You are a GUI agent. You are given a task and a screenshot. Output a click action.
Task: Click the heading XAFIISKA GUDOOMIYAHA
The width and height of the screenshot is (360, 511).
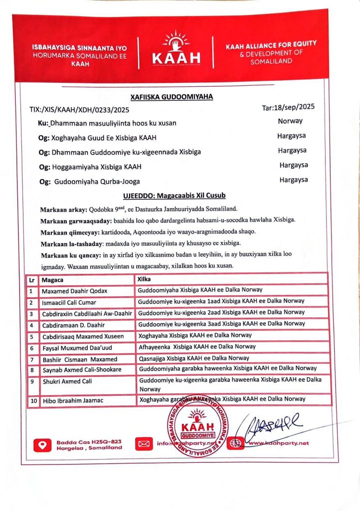click(x=171, y=96)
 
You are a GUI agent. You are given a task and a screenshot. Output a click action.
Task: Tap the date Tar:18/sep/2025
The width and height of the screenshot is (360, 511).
click(x=289, y=107)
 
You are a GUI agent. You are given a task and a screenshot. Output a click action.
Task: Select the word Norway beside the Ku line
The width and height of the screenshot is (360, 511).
click(x=290, y=121)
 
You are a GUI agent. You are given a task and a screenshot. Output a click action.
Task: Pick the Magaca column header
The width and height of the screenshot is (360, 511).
click(x=52, y=280)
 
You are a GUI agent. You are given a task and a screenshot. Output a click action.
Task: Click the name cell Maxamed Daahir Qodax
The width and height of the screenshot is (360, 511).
click(x=75, y=291)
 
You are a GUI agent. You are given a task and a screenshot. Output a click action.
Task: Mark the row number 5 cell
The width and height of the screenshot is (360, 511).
click(x=31, y=336)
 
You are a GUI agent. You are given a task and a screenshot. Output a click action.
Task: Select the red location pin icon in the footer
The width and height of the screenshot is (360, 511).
click(x=42, y=444)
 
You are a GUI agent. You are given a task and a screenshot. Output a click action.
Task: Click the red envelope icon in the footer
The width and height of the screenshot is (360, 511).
click(x=144, y=443)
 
